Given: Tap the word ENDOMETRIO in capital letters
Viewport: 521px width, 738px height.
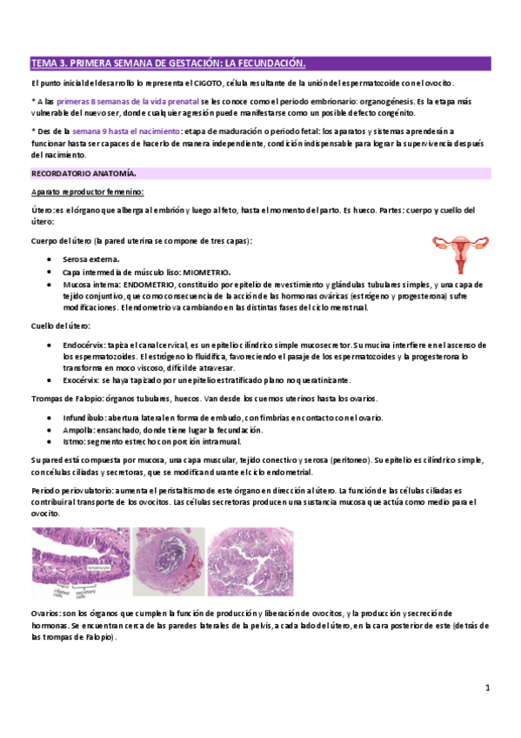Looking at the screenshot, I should [151, 284].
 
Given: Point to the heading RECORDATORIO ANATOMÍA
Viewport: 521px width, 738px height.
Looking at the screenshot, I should [83, 174].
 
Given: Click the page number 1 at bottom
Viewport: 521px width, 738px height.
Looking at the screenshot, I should [489, 688].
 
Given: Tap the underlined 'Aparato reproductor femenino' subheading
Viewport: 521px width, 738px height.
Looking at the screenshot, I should [87, 191].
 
